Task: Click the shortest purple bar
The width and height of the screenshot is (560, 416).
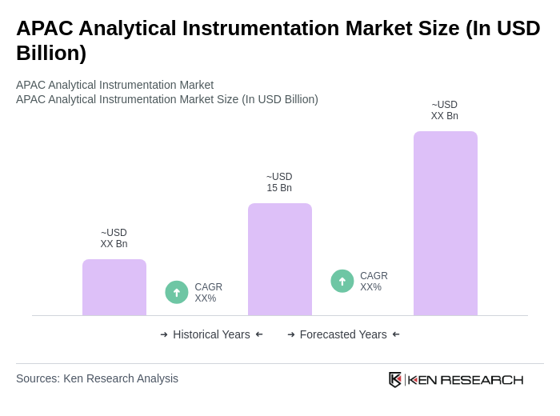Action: (x=114, y=287)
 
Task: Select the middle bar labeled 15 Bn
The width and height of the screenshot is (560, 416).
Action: (x=280, y=259)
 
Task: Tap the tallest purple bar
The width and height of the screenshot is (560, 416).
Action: (x=446, y=223)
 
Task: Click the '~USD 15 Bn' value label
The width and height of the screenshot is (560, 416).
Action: (x=279, y=182)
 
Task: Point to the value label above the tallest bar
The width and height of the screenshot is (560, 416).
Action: (x=445, y=110)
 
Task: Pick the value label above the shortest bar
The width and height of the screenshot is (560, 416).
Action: (x=114, y=238)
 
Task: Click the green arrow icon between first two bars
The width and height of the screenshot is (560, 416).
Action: (x=177, y=292)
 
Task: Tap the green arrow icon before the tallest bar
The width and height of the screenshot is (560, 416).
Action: (x=342, y=281)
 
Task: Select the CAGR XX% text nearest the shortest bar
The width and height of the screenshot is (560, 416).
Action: (x=208, y=293)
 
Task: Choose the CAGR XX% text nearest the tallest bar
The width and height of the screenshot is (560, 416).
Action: (x=374, y=282)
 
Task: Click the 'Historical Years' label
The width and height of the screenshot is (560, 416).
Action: (x=211, y=334)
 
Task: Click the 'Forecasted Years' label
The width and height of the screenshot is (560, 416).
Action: (x=343, y=334)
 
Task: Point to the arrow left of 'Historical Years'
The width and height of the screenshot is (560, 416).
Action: (x=164, y=334)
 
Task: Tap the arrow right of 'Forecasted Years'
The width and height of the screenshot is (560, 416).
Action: (x=396, y=334)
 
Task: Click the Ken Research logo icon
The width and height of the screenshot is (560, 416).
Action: (x=395, y=379)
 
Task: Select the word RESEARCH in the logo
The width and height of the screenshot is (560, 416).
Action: (x=482, y=380)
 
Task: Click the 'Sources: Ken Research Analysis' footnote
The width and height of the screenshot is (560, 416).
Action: (x=97, y=378)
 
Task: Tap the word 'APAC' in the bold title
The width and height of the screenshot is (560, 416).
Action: (x=46, y=28)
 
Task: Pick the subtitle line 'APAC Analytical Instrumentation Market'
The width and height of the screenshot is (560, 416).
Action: (x=114, y=85)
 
